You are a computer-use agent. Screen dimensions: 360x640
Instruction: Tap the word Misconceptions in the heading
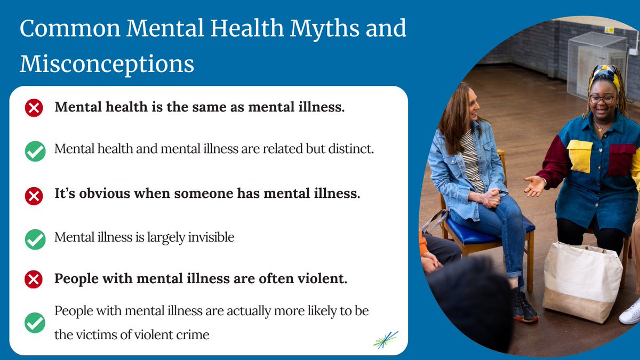click(107, 64)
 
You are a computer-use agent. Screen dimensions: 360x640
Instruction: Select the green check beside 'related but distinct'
click(35, 151)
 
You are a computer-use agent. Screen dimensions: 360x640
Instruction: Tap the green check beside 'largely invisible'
click(35, 238)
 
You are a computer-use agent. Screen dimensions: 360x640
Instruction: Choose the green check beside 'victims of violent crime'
click(35, 323)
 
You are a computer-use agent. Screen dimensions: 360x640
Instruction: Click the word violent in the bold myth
click(323, 278)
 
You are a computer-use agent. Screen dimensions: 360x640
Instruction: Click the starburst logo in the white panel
click(386, 340)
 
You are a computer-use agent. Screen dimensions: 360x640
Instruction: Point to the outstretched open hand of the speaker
click(534, 186)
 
